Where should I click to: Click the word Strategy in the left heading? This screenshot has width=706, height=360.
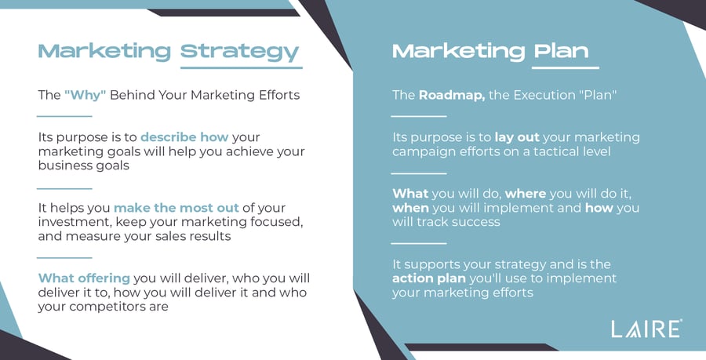[x=239, y=53]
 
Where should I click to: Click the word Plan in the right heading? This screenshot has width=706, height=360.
[x=562, y=51]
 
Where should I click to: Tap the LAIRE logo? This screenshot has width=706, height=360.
[x=646, y=329]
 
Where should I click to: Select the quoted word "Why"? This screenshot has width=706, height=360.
[x=85, y=95]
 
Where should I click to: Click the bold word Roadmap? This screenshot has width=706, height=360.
[x=452, y=95]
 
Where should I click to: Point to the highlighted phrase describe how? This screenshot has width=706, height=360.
[x=184, y=136]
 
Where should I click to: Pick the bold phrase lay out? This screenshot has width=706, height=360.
[x=517, y=137]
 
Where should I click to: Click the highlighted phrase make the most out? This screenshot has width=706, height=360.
[x=176, y=208]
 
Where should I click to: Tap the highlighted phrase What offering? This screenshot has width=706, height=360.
[x=84, y=278]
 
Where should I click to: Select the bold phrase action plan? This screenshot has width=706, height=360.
[x=428, y=278]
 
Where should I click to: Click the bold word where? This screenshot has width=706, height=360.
[x=526, y=194]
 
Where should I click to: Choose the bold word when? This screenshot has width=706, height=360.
[x=410, y=208]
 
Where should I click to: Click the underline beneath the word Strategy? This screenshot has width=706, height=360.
[x=242, y=68]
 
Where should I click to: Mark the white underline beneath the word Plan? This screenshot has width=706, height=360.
[x=565, y=68]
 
